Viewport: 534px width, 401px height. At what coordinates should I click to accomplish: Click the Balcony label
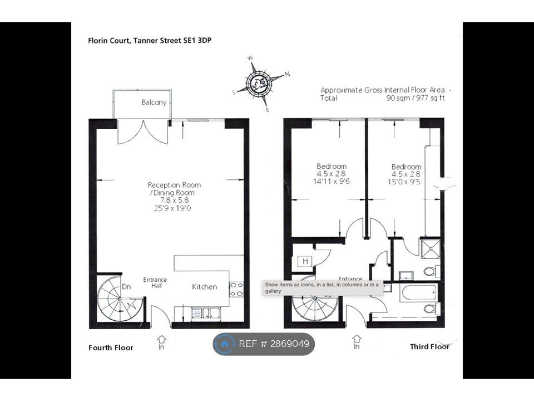pos(154,102)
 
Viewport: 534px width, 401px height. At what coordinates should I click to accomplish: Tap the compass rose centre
pos(259,83)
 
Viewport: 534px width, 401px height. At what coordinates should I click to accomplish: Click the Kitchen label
pos(204,287)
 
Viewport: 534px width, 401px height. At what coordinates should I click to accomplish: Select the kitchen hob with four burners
pos(236,289)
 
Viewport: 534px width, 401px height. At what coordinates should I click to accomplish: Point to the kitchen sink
pos(206,314)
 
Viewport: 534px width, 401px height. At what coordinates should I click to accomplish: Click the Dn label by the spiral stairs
pos(126,287)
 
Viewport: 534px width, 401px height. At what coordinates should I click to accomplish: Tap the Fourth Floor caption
pos(111,348)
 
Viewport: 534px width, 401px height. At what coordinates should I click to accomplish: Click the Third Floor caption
pos(429,347)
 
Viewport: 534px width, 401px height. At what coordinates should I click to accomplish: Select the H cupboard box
pos(305,262)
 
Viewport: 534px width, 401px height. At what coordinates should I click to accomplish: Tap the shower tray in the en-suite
pos(430,249)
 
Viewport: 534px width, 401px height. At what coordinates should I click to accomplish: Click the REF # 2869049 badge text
pos(274,344)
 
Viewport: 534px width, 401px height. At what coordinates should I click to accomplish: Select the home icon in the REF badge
pos(225,344)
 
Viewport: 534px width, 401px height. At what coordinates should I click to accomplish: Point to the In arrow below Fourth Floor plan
pos(161,343)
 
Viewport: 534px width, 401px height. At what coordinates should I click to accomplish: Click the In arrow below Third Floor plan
pos(357,342)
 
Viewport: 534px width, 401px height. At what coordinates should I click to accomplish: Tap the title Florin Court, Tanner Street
pos(150,41)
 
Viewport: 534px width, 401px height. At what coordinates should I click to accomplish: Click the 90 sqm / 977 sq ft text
pos(416,98)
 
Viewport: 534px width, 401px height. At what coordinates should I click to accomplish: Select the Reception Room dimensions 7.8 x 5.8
pos(174,200)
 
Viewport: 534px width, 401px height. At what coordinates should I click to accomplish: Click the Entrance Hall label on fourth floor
pos(155,283)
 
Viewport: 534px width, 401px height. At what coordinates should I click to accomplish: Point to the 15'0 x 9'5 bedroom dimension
pos(404,182)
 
